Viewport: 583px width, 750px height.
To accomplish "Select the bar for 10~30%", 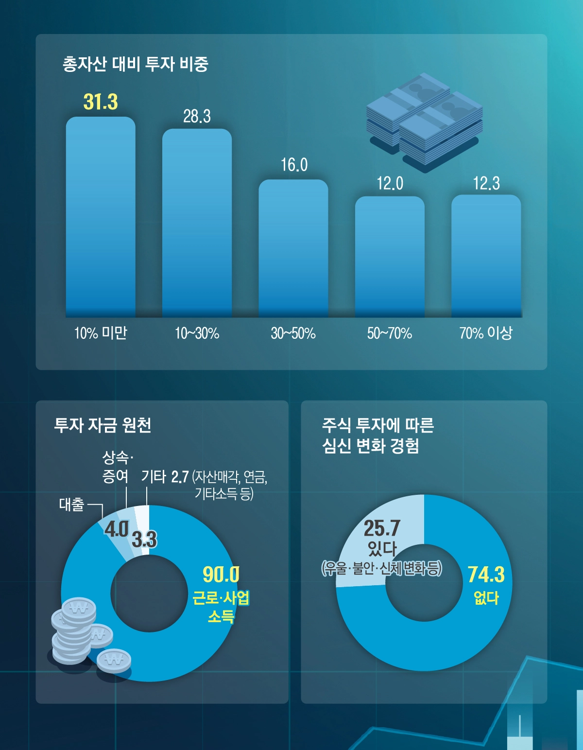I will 197,223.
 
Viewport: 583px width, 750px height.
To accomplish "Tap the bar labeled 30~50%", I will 293,248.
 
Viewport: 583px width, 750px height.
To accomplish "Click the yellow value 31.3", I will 101,102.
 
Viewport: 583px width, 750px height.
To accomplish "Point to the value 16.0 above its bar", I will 294,165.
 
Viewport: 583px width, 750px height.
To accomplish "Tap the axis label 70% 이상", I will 486,333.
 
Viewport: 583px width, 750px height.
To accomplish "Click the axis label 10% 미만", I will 101,333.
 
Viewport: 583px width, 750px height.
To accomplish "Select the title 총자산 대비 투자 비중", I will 136,64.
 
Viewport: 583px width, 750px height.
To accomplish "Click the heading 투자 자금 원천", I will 103,425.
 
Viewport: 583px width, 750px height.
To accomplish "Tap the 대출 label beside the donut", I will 72,505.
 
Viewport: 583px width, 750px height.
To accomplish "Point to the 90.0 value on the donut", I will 221,575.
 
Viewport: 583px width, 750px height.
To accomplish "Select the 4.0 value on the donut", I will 116,529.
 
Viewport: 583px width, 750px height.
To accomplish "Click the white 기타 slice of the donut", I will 142,515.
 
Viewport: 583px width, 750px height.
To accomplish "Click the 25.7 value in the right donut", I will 382,528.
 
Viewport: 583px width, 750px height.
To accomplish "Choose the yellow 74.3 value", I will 486,575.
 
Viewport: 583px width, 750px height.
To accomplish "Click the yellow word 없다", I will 486,597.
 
